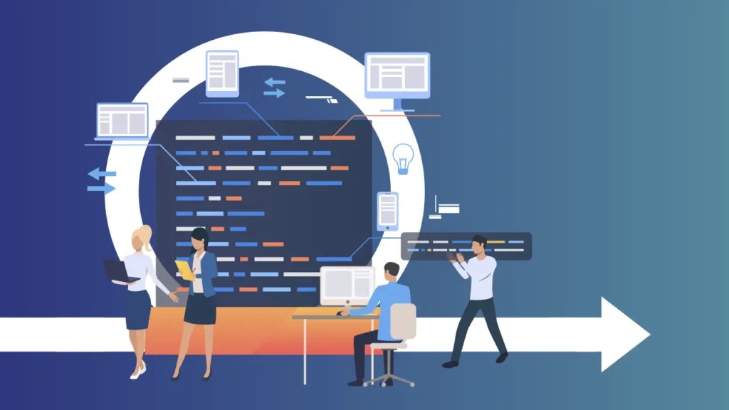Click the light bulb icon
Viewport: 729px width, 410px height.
(x=403, y=158)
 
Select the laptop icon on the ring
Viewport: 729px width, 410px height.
(x=122, y=120)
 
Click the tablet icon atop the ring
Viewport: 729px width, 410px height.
(x=222, y=73)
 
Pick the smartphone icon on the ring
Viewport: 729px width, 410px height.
(x=387, y=211)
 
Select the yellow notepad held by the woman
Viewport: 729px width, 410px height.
(x=184, y=269)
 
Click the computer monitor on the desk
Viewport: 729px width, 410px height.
(x=346, y=284)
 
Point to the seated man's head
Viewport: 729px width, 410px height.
(x=392, y=271)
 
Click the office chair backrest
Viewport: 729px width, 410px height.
(x=403, y=321)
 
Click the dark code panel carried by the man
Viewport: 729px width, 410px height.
(x=466, y=246)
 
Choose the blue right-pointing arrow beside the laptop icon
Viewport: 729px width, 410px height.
(x=101, y=189)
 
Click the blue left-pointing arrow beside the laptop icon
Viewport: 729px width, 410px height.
(x=101, y=174)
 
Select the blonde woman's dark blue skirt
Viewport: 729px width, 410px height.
(x=138, y=309)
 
